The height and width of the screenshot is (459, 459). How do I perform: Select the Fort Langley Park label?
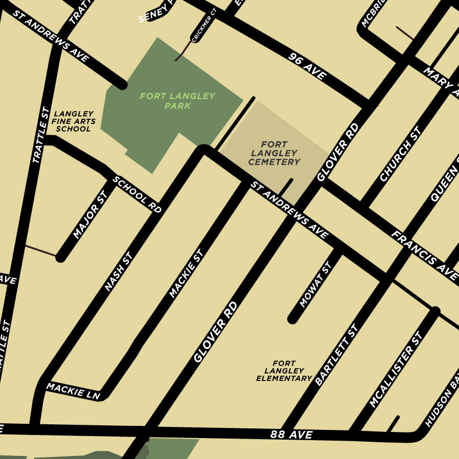pyautogui.click(x=178, y=101)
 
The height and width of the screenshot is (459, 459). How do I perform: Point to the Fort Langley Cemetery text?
pyautogui.click(x=274, y=153)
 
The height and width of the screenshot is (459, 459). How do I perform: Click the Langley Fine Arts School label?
pyautogui.click(x=73, y=121)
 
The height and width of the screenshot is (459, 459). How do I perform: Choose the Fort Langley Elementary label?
pyautogui.click(x=284, y=371)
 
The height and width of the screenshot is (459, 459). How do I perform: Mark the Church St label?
pyautogui.click(x=400, y=155)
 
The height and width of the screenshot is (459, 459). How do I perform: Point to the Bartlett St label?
pyautogui.click(x=337, y=355)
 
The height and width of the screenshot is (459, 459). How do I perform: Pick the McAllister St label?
pyautogui.click(x=396, y=370)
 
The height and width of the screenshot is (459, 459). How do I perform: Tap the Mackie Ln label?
pyautogui.click(x=73, y=391)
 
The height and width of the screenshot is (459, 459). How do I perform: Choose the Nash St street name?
pyautogui.click(x=118, y=272)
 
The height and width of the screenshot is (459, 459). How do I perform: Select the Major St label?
pyautogui.click(x=90, y=215)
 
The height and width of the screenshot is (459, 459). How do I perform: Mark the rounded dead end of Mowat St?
pyautogui.click(x=292, y=319)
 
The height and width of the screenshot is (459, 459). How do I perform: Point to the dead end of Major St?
pyautogui.click(x=61, y=258)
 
